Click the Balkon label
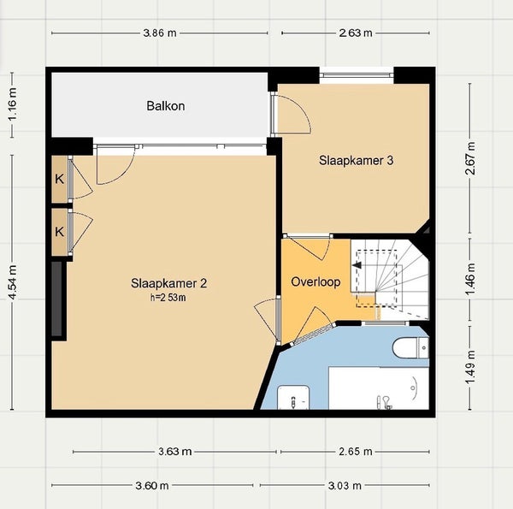tap(166, 106)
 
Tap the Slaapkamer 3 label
tap(356, 160)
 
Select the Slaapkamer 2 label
tap(168, 283)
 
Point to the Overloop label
tap(315, 281)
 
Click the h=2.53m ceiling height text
tap(168, 298)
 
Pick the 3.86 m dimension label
tap(160, 33)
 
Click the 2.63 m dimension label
tap(356, 33)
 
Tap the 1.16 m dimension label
tap(13, 104)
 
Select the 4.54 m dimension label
tap(13, 282)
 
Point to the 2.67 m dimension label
tap(470, 158)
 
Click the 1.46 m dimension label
tap(470, 279)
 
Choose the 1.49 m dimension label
tap(470, 367)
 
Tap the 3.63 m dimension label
tap(175, 452)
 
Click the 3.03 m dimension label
tap(345, 485)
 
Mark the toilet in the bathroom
tap(410, 347)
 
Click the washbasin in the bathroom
tap(293, 398)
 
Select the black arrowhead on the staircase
tap(357, 265)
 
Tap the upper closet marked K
tap(60, 179)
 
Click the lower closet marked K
tap(60, 232)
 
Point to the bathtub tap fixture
tap(384, 402)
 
